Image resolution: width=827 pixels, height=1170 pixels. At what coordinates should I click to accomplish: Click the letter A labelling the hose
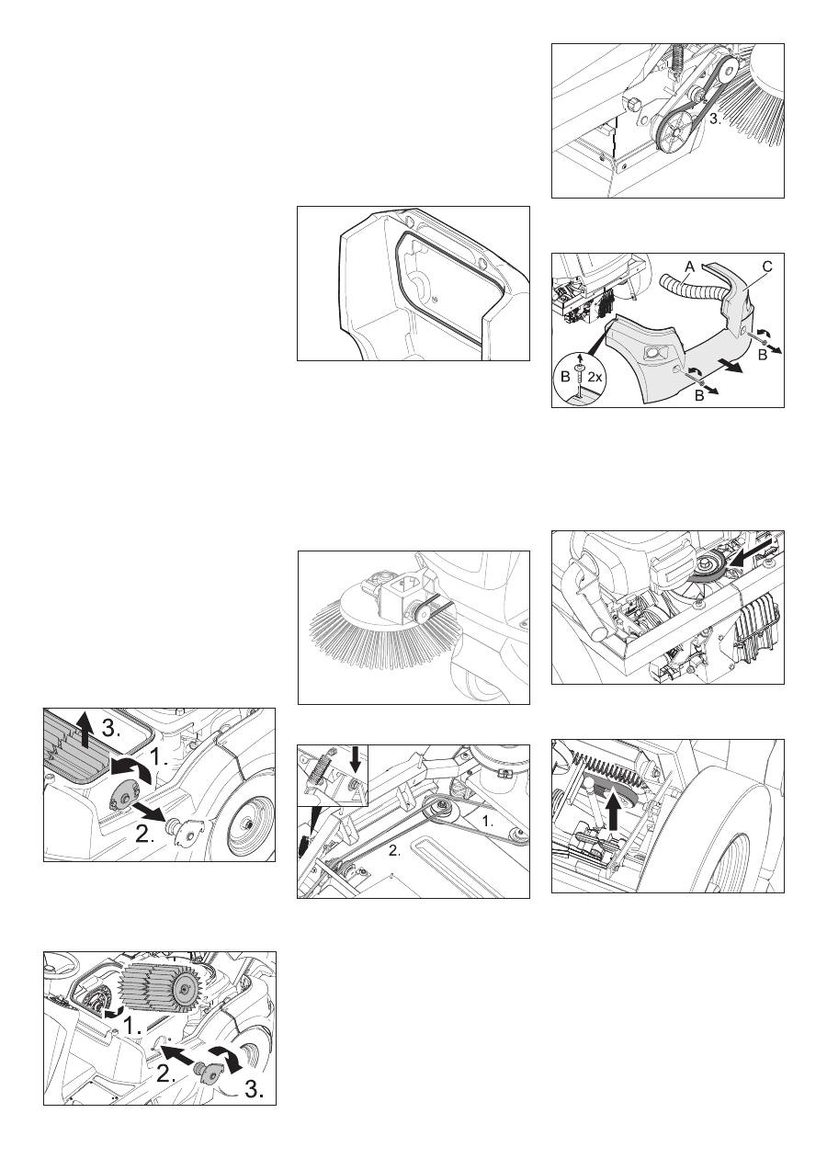[x=689, y=267]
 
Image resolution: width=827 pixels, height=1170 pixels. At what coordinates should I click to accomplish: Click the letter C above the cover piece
[x=767, y=266]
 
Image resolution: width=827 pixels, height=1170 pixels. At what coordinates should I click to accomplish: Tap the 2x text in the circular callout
[x=595, y=377]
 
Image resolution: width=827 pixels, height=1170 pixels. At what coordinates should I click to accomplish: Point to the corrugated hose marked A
[x=688, y=286]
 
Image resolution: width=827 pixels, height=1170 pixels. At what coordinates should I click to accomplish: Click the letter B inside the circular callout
[x=565, y=377]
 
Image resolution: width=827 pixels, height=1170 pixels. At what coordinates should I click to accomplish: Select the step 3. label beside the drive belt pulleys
[x=715, y=119]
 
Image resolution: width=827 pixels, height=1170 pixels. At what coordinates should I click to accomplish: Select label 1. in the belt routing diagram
[x=487, y=821]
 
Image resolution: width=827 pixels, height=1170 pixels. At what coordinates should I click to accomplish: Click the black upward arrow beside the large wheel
[x=617, y=817]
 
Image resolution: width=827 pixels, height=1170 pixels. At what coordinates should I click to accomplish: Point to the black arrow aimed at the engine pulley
[x=751, y=555]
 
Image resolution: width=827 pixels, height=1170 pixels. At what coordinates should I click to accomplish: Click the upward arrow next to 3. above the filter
[x=84, y=733]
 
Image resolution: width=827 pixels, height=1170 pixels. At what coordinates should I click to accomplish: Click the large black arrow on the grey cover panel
[x=730, y=366]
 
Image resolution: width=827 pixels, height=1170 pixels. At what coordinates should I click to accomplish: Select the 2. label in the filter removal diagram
[x=144, y=835]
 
